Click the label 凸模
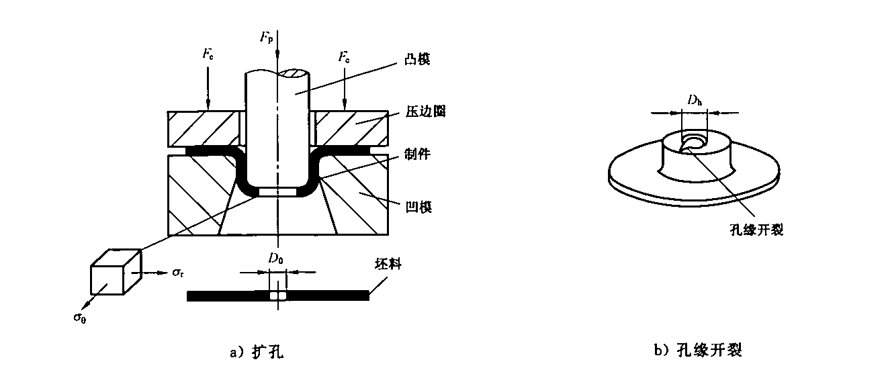click(x=417, y=59)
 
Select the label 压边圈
click(x=426, y=111)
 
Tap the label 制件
click(x=417, y=154)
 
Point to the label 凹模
click(x=418, y=207)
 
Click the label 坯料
click(x=388, y=264)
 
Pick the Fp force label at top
click(x=266, y=38)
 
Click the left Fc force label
click(x=208, y=54)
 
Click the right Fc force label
click(x=344, y=57)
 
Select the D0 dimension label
click(x=275, y=259)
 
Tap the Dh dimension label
click(x=695, y=100)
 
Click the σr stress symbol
click(x=177, y=273)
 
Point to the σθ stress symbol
click(x=79, y=318)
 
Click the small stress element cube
click(x=116, y=272)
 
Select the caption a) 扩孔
click(x=257, y=351)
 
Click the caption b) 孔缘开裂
click(x=698, y=350)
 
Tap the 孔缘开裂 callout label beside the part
click(x=756, y=230)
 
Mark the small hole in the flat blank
click(x=278, y=295)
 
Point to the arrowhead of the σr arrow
click(x=163, y=273)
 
